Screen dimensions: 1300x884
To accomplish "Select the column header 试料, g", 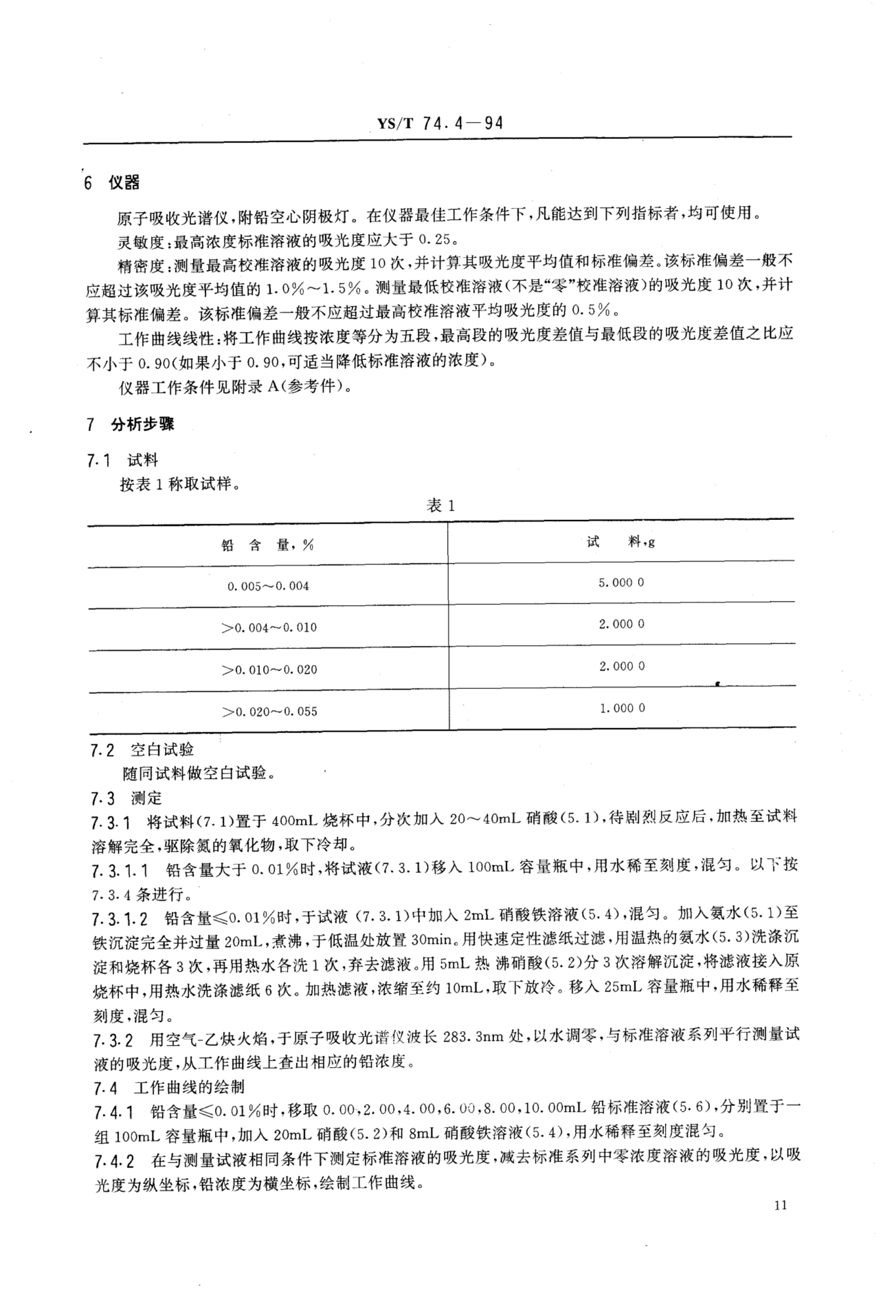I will coord(621,541).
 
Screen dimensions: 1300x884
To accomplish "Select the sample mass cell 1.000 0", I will coord(622,708).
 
